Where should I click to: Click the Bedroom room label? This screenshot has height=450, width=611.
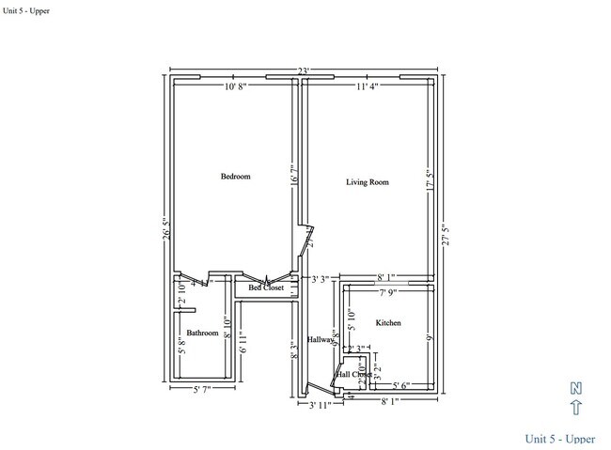[235, 177]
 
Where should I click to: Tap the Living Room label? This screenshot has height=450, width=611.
[367, 181]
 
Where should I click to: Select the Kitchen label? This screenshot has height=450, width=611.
[388, 323]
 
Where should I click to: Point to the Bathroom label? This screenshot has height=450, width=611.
[202, 333]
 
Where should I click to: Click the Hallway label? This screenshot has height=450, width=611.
[321, 339]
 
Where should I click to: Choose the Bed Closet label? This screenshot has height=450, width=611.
[266, 287]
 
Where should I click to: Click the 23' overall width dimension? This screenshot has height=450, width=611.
[304, 70]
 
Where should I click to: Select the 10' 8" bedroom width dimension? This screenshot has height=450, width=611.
[237, 87]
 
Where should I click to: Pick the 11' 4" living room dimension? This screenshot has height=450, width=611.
[369, 87]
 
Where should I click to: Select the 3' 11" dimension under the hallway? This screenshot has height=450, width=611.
[321, 406]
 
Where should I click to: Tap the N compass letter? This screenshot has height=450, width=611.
[577, 388]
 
